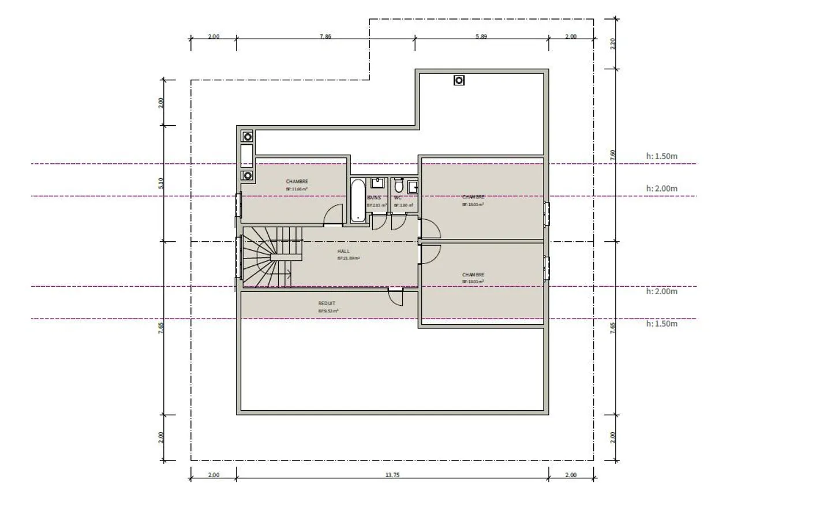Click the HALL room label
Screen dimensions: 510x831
[343, 252]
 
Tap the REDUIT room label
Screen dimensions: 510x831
[327, 303]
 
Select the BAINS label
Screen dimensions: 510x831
[374, 198]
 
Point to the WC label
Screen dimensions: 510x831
[398, 198]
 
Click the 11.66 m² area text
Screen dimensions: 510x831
[297, 189]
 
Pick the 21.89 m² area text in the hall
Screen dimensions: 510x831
[349, 258]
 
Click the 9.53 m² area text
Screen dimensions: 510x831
[328, 311]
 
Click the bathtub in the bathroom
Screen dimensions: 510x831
[358, 200]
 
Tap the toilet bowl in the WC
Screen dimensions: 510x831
[398, 187]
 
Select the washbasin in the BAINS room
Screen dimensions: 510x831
[378, 183]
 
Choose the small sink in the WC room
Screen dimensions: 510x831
[413, 186]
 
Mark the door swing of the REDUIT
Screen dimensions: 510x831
[395, 298]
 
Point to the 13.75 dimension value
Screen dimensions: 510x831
[392, 475]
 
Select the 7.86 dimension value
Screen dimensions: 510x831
[325, 36]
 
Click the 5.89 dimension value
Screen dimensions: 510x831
[481, 36]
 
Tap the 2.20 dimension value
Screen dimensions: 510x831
[613, 43]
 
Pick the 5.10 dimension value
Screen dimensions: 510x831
[161, 183]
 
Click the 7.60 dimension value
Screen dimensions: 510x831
[613, 155]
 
